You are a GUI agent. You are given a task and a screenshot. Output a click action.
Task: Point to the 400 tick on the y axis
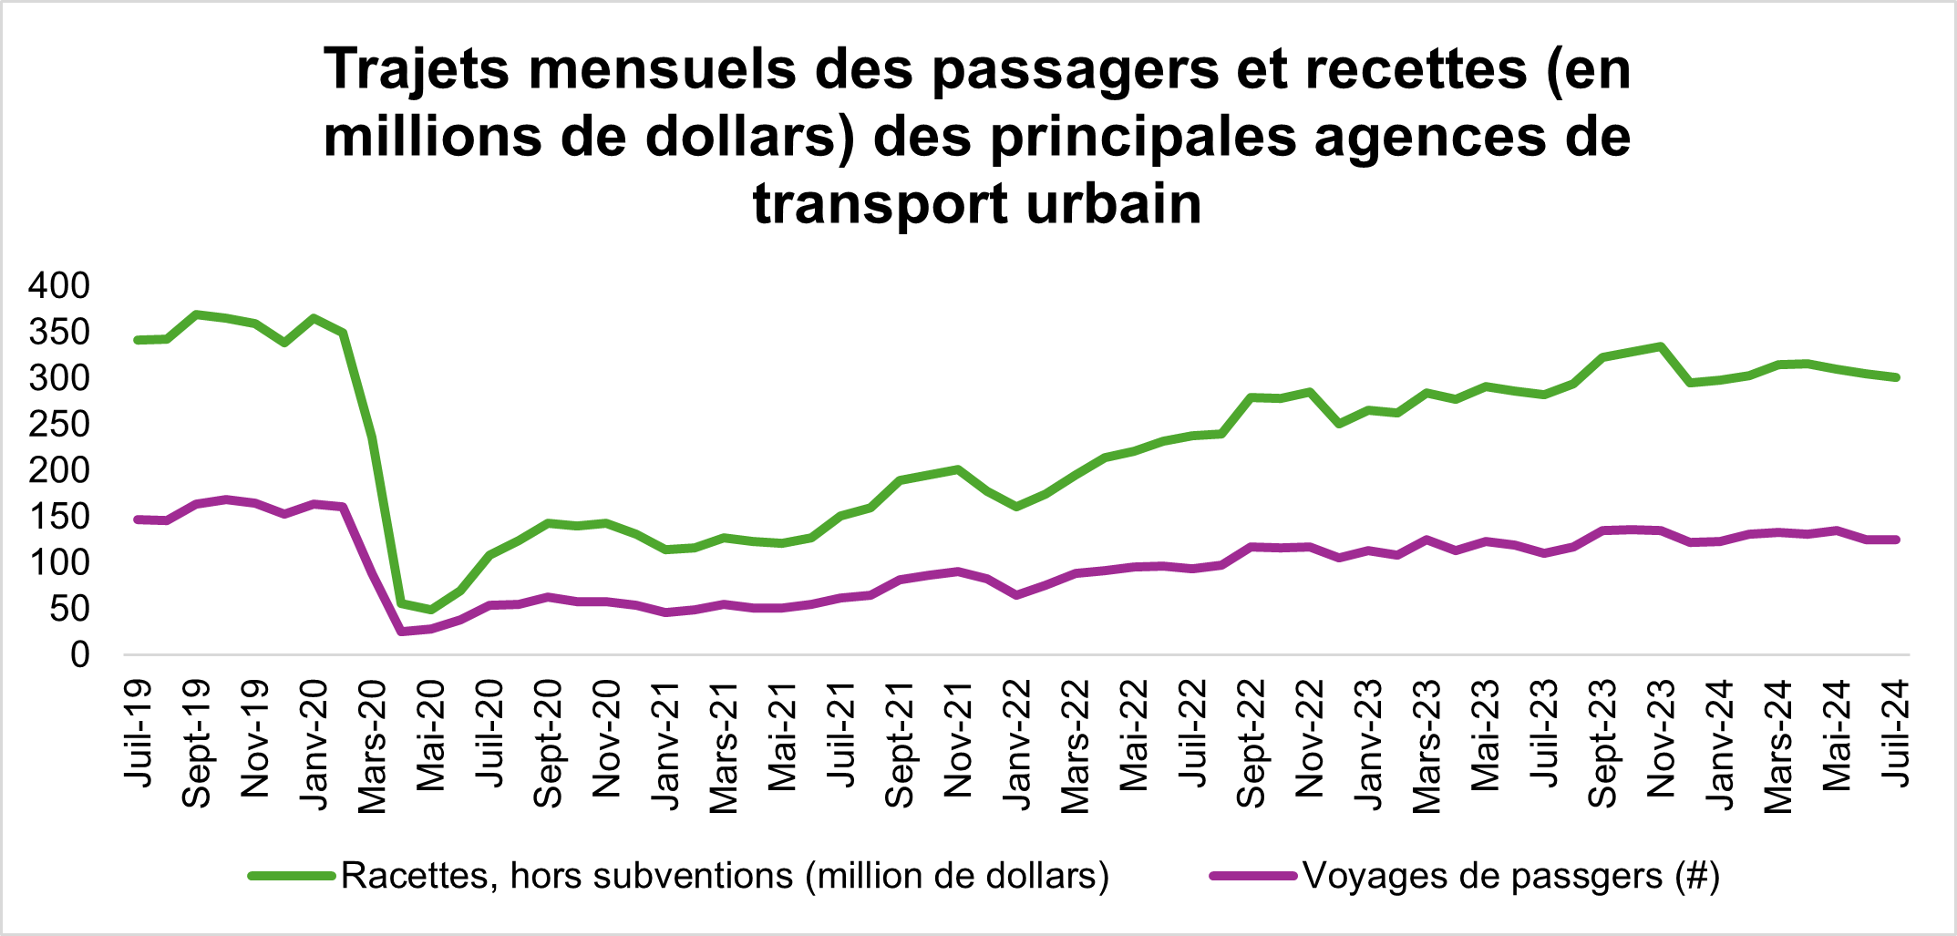[59, 286]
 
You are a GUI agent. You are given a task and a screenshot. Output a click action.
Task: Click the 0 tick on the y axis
[80, 654]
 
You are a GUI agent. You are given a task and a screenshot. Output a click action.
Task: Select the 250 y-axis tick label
[59, 424]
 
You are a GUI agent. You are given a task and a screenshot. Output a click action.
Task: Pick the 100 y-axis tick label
[59, 562]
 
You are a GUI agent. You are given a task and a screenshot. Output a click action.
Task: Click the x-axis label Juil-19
[138, 733]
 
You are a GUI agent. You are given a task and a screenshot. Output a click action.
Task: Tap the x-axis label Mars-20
[372, 746]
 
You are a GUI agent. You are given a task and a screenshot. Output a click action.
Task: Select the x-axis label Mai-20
[430, 735]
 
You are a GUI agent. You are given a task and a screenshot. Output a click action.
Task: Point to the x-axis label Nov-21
[958, 738]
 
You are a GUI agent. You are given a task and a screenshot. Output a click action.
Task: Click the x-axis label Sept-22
[1251, 744]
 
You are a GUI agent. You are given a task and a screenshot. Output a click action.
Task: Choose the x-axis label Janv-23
[1368, 745]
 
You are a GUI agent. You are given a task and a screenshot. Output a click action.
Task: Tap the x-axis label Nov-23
[1661, 738]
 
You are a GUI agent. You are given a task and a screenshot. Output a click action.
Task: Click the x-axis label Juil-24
[1895, 733]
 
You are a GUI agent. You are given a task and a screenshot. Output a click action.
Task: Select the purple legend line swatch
[1253, 876]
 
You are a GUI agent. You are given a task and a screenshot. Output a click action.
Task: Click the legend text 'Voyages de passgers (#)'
[1511, 876]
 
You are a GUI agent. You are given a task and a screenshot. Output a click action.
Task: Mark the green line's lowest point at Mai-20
[430, 610]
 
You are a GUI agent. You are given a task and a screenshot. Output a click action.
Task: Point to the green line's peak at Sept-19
[197, 314]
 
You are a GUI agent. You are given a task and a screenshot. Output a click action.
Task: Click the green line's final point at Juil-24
[1896, 377]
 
